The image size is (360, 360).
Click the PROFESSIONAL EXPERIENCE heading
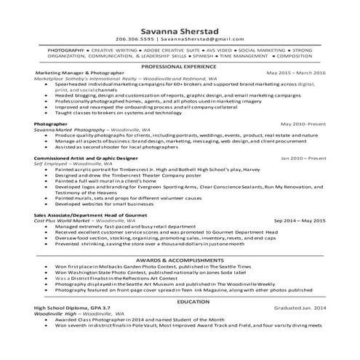[180, 65]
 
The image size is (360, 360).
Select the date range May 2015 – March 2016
[296, 73]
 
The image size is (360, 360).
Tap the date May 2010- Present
[303, 124]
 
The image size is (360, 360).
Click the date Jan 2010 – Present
[304, 157]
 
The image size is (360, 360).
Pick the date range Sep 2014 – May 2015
[300, 219]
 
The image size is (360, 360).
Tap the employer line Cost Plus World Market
[80, 220]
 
